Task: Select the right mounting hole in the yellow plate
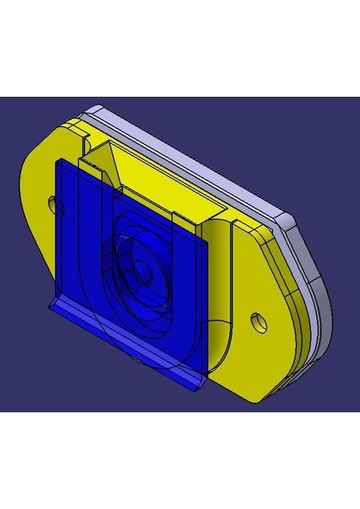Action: (257, 321)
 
